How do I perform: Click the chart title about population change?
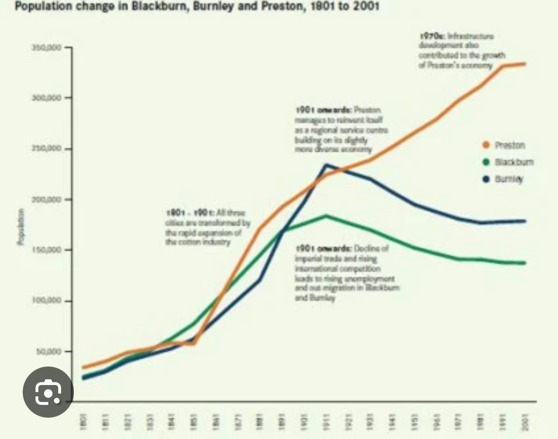(197, 7)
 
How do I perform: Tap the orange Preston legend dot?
(485, 145)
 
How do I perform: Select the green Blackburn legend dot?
(485, 162)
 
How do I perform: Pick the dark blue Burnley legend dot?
(485, 179)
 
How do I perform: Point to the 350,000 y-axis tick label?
(47, 47)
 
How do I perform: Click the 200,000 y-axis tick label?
(47, 199)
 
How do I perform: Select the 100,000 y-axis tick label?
(47, 301)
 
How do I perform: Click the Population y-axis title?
(20, 227)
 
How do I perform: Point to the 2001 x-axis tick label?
(525, 419)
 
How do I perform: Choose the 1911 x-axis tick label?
(326, 419)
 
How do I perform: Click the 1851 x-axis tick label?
(193, 419)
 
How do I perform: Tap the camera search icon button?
(48, 392)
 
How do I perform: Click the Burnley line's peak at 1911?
(326, 165)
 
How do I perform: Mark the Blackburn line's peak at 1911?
(326, 216)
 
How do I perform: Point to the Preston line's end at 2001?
(525, 63)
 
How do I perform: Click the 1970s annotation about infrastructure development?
(461, 51)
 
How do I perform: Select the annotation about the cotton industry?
(207, 227)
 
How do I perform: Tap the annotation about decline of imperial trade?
(347, 273)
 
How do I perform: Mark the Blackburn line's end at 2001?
(525, 263)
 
